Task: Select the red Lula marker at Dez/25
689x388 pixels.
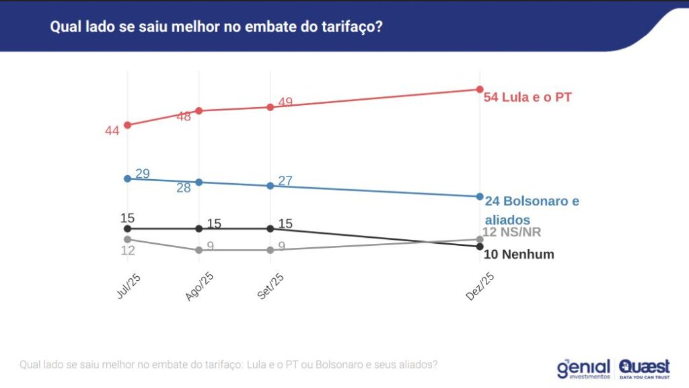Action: pos(480,89)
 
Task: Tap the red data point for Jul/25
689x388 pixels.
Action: pos(127,125)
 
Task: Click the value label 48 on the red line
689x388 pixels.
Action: pos(184,117)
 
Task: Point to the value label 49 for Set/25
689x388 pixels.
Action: pos(285,102)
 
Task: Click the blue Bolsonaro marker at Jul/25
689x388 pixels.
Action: pos(127,179)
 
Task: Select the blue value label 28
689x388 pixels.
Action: pos(184,189)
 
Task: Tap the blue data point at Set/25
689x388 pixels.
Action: pos(270,185)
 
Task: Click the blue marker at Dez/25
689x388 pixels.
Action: pos(480,197)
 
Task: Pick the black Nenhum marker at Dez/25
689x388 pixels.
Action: pos(480,247)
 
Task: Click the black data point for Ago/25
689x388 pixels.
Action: pos(198,228)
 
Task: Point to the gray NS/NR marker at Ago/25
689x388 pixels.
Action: pos(198,250)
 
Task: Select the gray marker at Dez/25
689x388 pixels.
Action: pos(480,239)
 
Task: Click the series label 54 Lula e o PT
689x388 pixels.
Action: pos(528,97)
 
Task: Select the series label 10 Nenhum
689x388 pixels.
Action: pos(519,255)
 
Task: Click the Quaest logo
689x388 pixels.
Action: pos(645,368)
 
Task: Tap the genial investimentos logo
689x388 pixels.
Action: pos(583,368)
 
